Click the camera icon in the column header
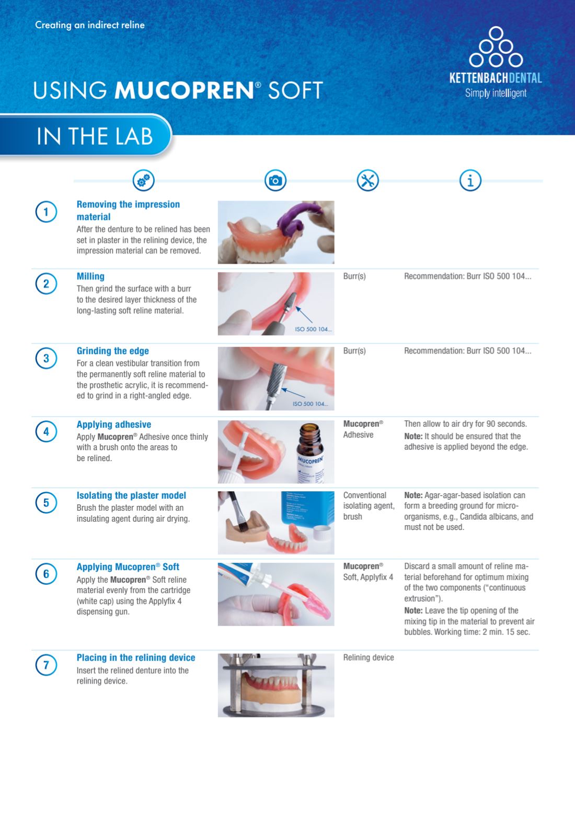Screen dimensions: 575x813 [275, 180]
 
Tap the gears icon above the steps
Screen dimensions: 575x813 [143, 180]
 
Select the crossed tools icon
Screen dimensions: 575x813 [367, 180]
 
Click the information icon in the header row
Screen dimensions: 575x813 [470, 180]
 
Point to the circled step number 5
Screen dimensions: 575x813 [46, 503]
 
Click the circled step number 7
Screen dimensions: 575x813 [46, 665]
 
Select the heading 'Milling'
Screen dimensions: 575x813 [90, 277]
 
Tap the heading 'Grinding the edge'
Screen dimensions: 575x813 [112, 351]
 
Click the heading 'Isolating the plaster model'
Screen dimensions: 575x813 [131, 496]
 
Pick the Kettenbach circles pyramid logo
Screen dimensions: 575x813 [496, 46]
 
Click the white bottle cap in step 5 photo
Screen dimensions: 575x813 [321, 533]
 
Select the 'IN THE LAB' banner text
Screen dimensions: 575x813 [95, 136]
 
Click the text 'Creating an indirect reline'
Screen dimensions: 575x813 [90, 25]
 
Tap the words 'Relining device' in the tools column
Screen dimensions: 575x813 [369, 658]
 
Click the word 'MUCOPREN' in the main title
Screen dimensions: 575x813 [184, 90]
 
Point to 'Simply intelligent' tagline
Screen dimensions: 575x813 [496, 93]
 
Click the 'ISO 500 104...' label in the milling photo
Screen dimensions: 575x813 [313, 329]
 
